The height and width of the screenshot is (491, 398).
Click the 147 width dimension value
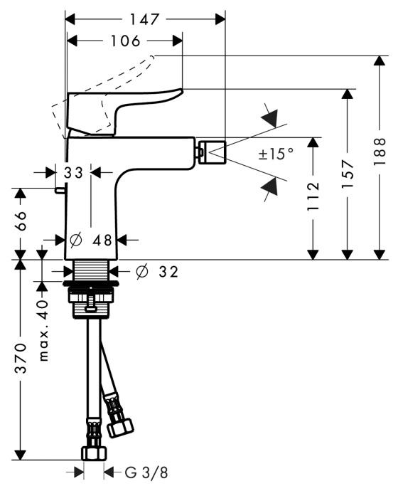tap(144, 19)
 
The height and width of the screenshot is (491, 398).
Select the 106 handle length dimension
tap(126, 41)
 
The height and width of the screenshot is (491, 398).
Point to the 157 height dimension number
tap(348, 174)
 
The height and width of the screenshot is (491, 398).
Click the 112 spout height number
tap(313, 196)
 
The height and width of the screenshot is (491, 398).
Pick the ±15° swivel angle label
tap(276, 154)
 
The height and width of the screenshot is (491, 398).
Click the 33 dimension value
tap(73, 172)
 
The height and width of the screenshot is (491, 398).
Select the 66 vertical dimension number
tap(21, 221)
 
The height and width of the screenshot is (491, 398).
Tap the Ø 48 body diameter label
tap(91, 241)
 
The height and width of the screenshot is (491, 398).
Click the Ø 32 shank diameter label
tap(157, 272)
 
